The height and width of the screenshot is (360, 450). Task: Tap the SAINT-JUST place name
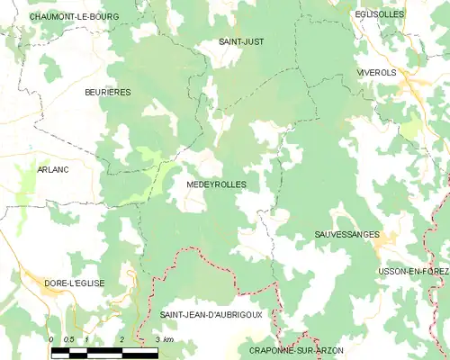click(x=241, y=41)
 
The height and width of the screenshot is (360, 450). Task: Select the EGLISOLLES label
click(x=379, y=15)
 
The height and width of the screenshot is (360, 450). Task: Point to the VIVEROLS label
click(x=375, y=72)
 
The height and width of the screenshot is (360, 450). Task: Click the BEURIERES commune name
click(x=108, y=92)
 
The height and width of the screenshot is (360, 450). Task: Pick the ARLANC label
click(x=53, y=168)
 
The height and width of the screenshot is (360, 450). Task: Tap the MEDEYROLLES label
click(x=216, y=184)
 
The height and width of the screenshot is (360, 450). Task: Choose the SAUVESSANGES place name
click(x=347, y=233)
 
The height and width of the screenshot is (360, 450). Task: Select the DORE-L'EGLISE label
click(x=75, y=283)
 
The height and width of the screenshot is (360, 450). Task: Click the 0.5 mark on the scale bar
click(x=68, y=338)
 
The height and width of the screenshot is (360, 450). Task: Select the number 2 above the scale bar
click(x=121, y=338)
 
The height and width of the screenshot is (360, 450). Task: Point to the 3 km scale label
click(x=162, y=338)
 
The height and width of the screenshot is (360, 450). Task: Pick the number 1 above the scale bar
click(x=86, y=338)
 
